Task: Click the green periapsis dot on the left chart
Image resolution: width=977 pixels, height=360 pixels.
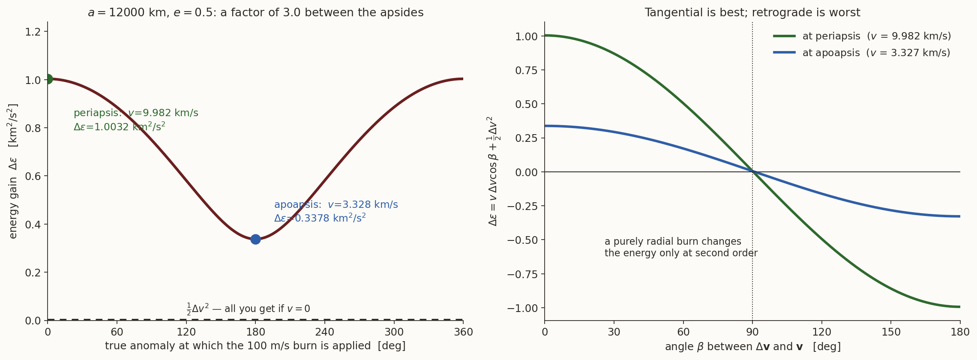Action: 48,79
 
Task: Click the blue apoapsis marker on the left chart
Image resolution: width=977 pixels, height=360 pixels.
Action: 255,239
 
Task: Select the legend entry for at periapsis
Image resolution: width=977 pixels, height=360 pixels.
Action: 862,36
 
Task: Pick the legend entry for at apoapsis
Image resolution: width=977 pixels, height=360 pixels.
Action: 861,53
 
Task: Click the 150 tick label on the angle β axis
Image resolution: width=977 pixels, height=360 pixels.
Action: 891,332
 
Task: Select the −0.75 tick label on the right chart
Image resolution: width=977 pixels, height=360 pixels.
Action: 522,274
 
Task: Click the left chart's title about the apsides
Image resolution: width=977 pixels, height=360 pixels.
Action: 255,13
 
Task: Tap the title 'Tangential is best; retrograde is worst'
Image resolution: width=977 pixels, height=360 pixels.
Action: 752,13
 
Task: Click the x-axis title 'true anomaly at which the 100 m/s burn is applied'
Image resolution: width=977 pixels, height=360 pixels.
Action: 255,346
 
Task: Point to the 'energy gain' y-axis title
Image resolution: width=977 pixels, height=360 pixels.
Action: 13,171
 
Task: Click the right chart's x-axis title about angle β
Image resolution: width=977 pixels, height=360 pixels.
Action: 752,346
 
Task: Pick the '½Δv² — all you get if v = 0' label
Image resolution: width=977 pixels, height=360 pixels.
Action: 248,309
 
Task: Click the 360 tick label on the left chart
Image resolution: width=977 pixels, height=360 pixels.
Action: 463,332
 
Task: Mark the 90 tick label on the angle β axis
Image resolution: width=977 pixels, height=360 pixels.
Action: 752,332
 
